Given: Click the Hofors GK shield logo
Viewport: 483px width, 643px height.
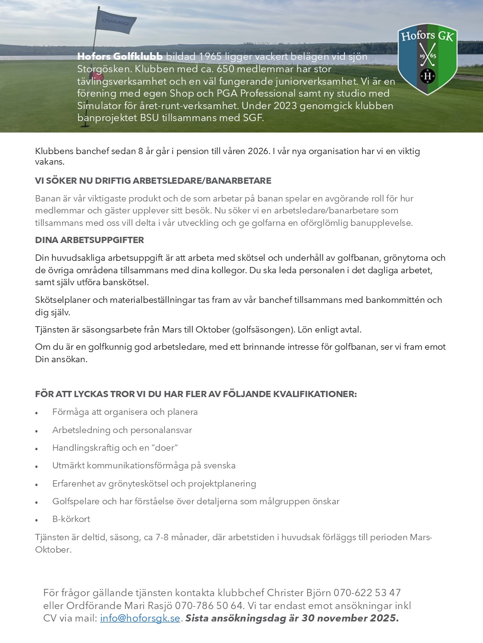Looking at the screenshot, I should tap(427, 59).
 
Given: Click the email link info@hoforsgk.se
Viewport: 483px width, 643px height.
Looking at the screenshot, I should tap(140, 618).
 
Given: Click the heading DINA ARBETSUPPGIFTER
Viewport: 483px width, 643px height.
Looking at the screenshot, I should tap(89, 240).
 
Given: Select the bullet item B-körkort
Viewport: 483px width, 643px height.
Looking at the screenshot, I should tap(71, 519).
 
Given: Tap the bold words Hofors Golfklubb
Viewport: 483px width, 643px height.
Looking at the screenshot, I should tap(120, 56).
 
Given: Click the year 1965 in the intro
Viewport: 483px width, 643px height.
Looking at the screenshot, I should tap(210, 56).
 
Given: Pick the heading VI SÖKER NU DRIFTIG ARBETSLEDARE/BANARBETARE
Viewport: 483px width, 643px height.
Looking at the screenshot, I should tap(153, 181).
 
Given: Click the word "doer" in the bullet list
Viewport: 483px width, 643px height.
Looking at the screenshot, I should tap(164, 448).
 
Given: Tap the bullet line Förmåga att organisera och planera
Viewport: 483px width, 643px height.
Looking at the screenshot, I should tap(125, 412).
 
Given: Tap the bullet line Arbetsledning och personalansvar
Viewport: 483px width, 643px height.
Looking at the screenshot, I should tap(122, 430).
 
